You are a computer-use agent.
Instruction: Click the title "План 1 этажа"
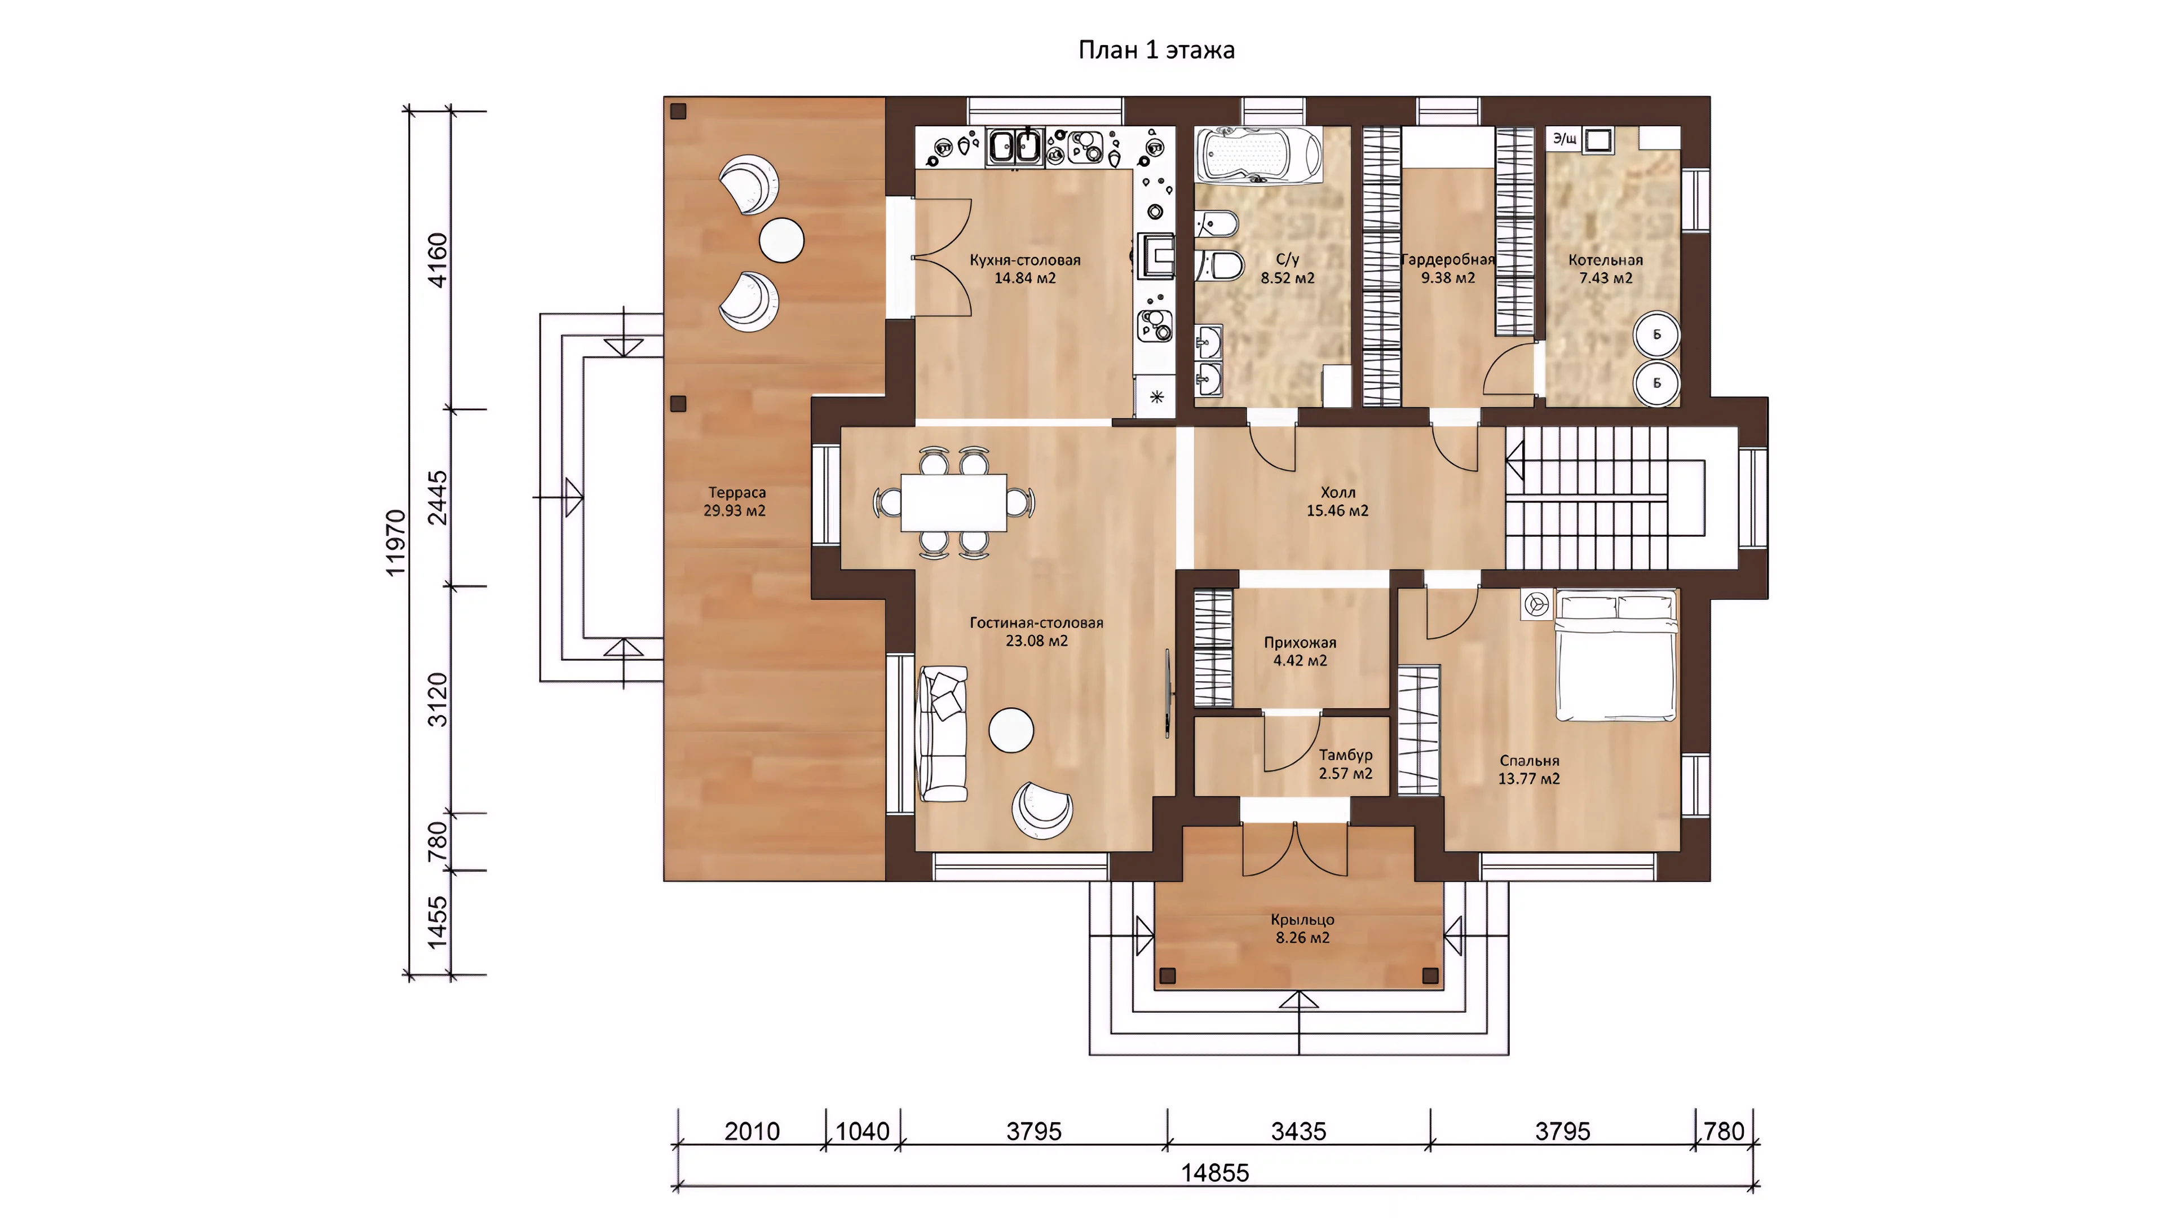(1156, 50)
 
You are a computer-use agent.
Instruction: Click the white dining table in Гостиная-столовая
(954, 502)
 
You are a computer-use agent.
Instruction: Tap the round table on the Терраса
(781, 240)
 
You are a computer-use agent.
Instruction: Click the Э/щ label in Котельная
(1564, 139)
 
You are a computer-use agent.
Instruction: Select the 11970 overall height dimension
(395, 542)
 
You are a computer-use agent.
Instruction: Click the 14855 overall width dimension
(1216, 1173)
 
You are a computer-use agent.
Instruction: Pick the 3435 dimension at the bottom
(1298, 1131)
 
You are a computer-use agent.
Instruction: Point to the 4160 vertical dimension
(438, 260)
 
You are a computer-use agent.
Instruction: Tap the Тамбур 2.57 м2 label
(1346, 764)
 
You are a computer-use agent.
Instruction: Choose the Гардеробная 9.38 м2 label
(1448, 268)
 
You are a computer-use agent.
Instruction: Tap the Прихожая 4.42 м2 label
(1300, 651)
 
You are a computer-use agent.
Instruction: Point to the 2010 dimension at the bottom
(752, 1131)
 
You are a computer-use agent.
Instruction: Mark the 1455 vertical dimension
(438, 923)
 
